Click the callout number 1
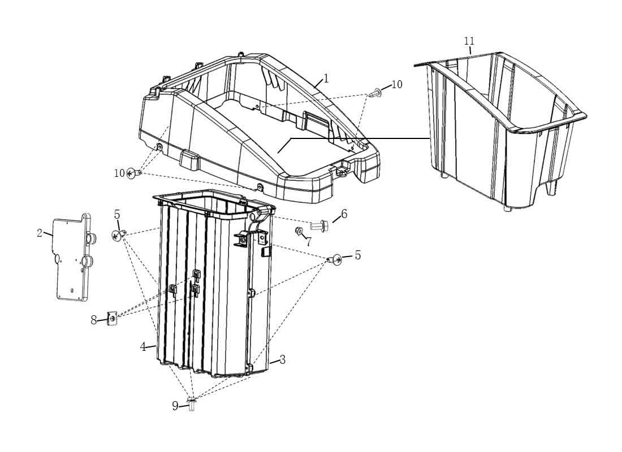[326, 79]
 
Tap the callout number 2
[39, 233]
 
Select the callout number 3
[282, 359]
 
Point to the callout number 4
[143, 347]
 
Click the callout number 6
[344, 214]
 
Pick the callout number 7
[309, 241]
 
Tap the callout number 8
[94, 320]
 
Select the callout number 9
[175, 406]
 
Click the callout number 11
[469, 41]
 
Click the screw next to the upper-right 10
[375, 94]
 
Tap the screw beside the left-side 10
[134, 173]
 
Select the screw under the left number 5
[119, 236]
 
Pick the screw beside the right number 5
[335, 260]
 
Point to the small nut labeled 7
[299, 230]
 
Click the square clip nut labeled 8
[113, 318]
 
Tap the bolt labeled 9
[192, 403]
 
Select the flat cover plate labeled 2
[74, 258]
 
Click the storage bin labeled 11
[499, 131]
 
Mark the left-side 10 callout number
[119, 173]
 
